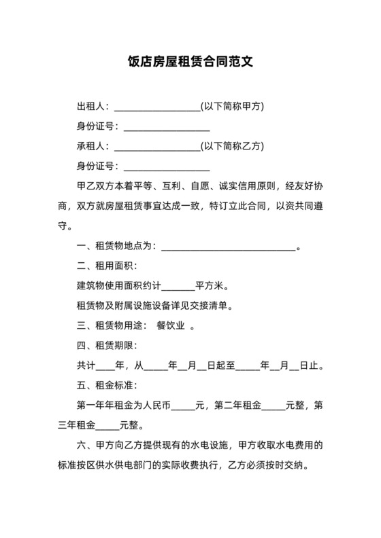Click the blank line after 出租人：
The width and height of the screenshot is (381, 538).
[x=157, y=107]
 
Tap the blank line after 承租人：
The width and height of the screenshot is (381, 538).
[x=157, y=147]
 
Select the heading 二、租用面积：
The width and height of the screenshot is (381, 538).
[x=107, y=265]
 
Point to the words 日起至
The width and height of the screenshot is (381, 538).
[x=220, y=365]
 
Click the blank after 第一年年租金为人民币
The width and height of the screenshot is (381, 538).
[x=183, y=406]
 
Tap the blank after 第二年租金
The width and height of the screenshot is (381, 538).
[x=273, y=406]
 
